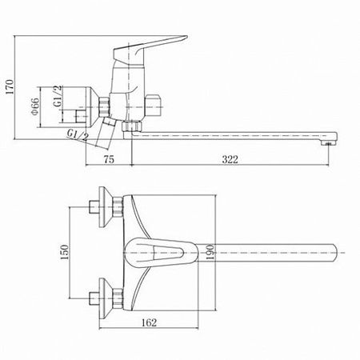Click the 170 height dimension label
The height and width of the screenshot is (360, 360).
click(10, 86)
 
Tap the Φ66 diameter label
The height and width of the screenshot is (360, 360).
click(35, 106)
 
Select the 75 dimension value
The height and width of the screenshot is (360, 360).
click(109, 159)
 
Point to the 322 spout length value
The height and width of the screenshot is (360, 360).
click(230, 159)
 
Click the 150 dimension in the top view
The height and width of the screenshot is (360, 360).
click(64, 252)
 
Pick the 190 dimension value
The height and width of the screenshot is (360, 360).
click(210, 252)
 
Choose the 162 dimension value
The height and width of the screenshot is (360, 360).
click(149, 322)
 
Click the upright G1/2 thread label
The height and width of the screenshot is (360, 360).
click(58, 96)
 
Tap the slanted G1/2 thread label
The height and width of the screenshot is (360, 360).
click(78, 135)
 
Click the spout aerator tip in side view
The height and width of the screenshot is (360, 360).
click(330, 144)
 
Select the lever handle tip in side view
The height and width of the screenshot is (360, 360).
click(185, 38)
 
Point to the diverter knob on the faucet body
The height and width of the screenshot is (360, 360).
click(154, 106)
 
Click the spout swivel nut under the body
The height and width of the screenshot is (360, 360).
click(132, 126)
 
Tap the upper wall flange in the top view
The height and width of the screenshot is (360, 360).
click(105, 207)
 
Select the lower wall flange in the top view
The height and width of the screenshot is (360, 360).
click(105, 298)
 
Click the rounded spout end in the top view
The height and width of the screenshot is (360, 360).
click(334, 252)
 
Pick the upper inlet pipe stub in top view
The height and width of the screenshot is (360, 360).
click(94, 207)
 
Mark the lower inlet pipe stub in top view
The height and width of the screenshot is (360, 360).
click(94, 298)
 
